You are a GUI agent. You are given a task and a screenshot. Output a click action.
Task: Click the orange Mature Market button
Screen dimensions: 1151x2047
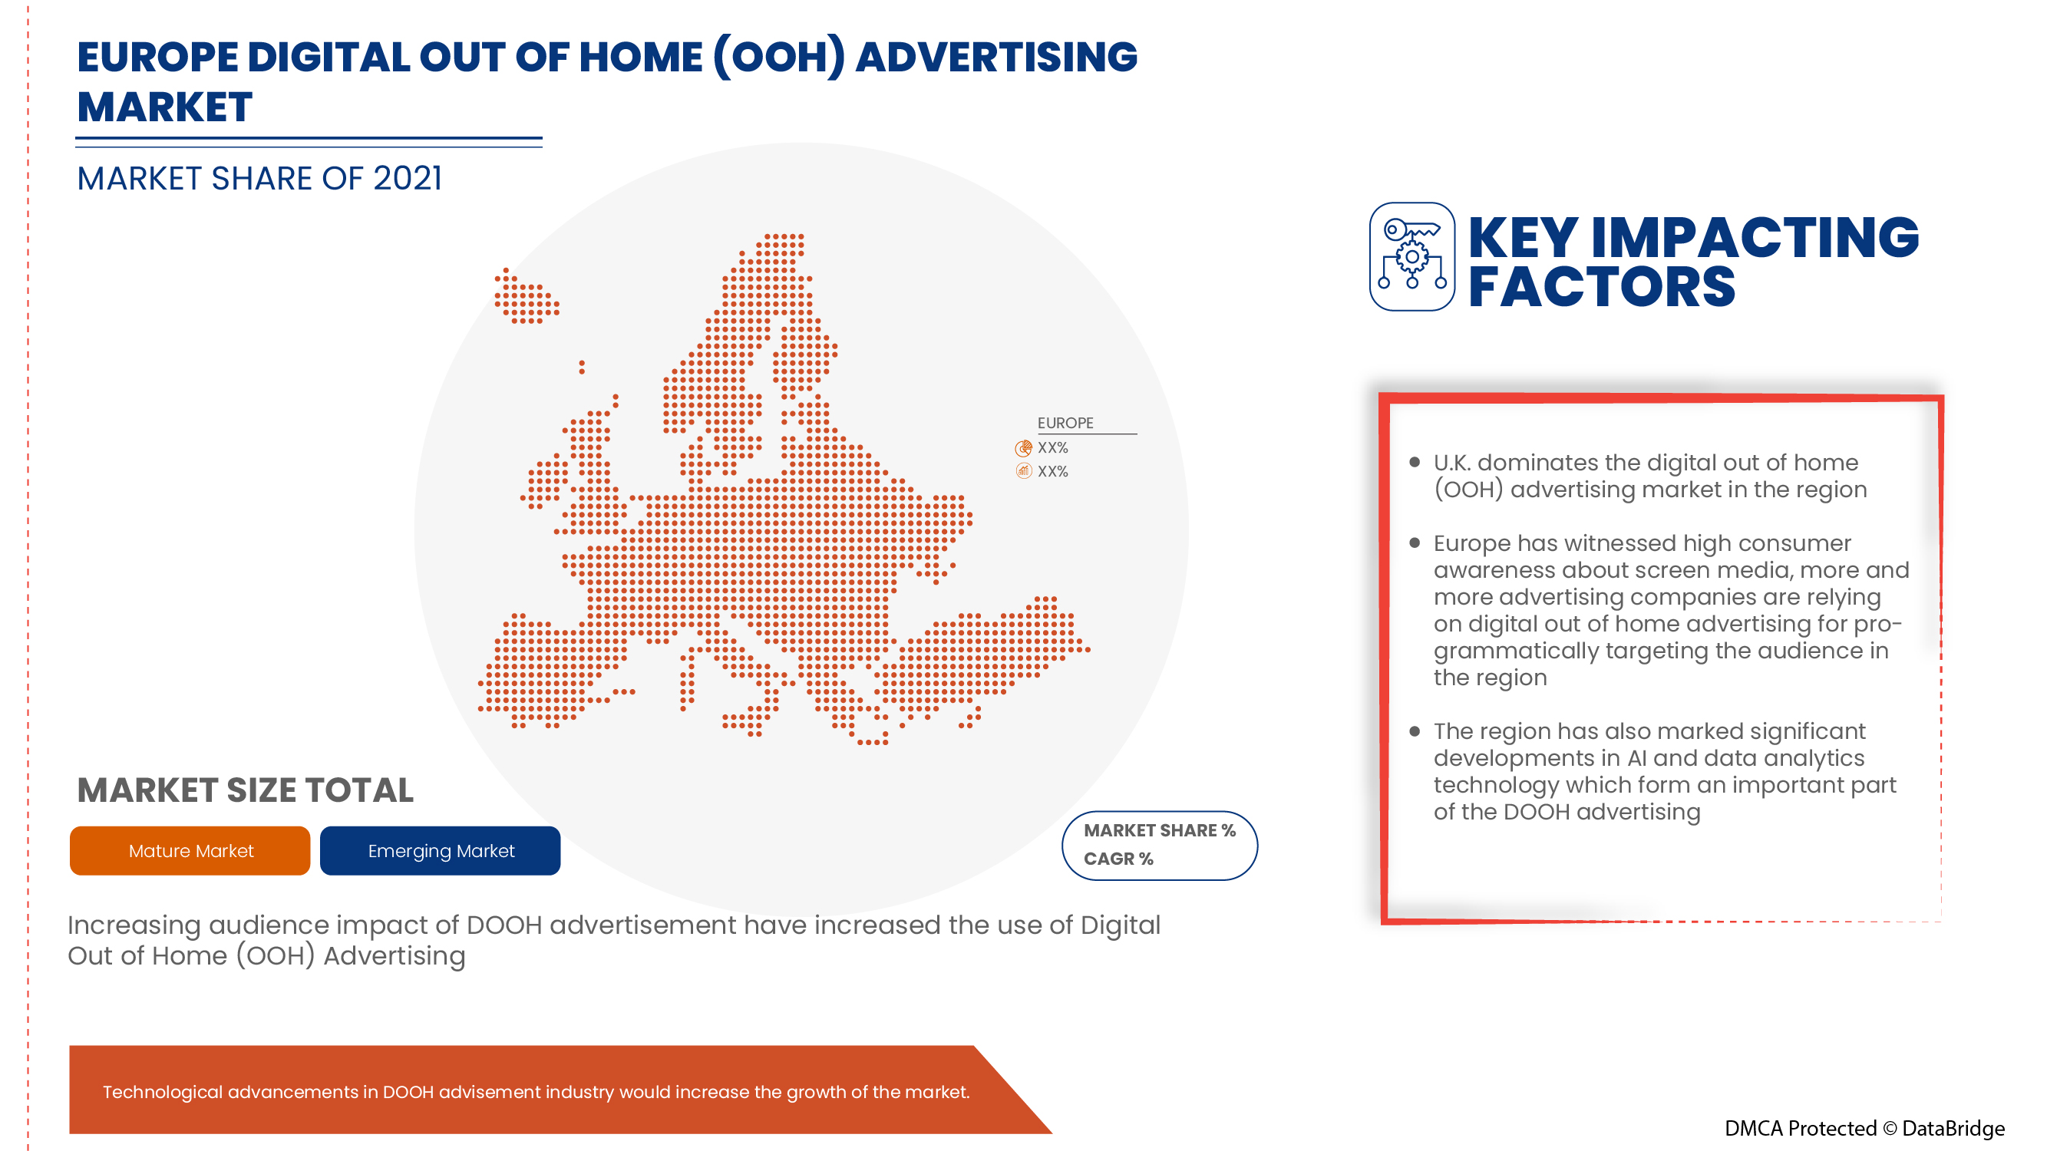pos(190,851)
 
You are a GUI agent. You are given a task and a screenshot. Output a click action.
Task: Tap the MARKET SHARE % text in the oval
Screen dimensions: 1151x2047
pos(1159,830)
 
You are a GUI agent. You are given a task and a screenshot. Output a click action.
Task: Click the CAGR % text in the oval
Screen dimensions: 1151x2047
pos(1118,859)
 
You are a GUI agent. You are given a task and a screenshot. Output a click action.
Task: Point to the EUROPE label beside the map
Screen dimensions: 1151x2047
pos(1065,424)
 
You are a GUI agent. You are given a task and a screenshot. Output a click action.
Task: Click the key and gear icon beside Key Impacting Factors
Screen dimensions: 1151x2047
pos(1411,256)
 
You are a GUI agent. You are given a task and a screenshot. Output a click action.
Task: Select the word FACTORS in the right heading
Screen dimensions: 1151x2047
pos(1600,287)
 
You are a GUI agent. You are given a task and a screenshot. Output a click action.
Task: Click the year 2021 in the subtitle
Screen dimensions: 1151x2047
pos(407,179)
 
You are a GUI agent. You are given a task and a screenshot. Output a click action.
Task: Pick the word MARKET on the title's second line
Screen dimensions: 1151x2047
pos(164,107)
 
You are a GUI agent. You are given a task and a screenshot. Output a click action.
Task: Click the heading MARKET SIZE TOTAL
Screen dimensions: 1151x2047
pos(245,790)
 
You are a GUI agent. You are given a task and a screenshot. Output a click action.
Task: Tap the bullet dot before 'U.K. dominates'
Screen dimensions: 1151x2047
pos(1414,462)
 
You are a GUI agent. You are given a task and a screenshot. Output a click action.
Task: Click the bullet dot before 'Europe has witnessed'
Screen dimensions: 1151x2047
pos(1414,543)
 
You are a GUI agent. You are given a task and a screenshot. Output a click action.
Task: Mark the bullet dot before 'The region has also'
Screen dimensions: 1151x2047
pos(1414,731)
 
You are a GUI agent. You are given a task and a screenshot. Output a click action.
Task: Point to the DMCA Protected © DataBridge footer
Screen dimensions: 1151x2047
pos(1864,1128)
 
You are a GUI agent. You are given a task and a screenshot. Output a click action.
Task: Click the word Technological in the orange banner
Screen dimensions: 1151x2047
pos(162,1092)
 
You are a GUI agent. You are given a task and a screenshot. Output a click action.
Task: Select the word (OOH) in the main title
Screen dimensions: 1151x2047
pos(779,58)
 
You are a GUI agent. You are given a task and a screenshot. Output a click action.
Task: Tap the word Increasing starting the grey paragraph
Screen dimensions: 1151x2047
pos(134,925)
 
